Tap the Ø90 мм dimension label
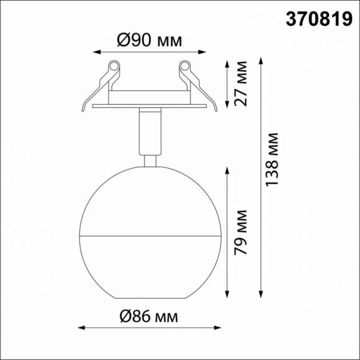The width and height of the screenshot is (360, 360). point(150,41)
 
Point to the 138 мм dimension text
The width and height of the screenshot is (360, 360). point(271,159)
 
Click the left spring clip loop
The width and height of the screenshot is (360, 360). point(114,65)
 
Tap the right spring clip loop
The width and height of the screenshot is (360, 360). point(184,65)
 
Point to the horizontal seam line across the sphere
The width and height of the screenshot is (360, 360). point(149,236)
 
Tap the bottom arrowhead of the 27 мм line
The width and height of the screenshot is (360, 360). point(228,106)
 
